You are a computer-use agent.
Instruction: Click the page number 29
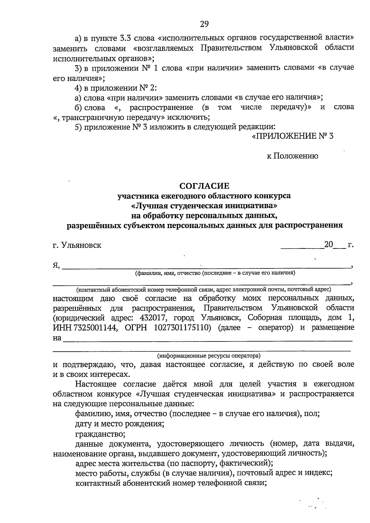[x=204, y=24]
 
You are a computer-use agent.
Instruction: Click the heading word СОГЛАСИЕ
[x=205, y=186]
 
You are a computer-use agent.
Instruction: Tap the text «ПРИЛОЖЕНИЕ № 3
[x=293, y=136]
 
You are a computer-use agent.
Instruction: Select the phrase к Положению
[x=292, y=156]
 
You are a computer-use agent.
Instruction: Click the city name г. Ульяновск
[x=77, y=245]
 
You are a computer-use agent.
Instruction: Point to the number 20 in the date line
[x=328, y=245]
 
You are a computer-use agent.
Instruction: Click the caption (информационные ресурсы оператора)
[x=209, y=356]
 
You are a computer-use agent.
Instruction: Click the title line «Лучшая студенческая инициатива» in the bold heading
[x=205, y=205]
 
